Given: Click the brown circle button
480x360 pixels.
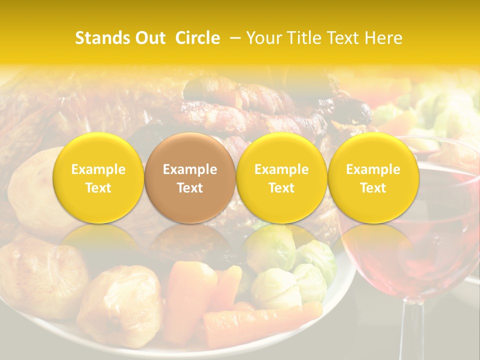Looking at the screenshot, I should click(190, 177).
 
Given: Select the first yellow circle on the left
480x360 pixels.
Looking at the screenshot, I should click(98, 177).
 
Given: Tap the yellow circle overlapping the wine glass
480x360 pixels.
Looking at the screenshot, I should click(373, 177).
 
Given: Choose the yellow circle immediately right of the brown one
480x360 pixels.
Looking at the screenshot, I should click(281, 177).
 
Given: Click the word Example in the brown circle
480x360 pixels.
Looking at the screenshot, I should click(190, 169).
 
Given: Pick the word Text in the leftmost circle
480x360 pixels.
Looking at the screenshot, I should click(98, 188).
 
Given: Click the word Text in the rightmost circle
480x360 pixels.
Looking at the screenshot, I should click(373, 188).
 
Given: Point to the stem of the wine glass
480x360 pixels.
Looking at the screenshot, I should click(411, 330).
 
